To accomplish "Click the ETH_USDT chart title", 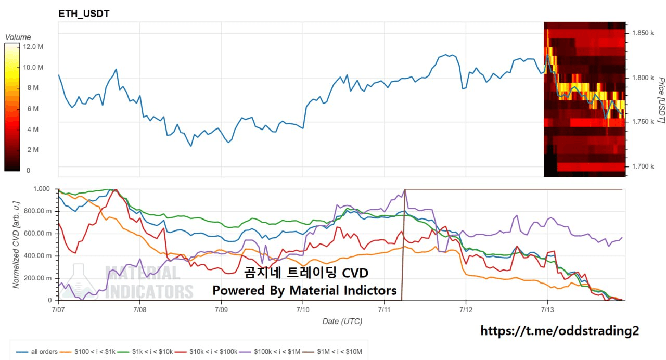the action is click(x=84, y=14).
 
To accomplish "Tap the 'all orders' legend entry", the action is click(x=37, y=351).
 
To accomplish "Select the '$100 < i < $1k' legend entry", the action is click(x=87, y=351).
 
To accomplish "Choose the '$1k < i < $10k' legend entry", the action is click(x=145, y=351).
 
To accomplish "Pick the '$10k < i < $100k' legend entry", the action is click(x=206, y=351).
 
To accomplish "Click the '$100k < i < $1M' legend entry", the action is click(x=270, y=351).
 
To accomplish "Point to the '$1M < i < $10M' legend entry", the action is click(x=332, y=351).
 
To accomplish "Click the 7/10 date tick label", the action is click(x=303, y=310).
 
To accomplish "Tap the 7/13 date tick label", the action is click(x=547, y=310).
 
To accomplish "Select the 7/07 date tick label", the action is click(x=58, y=310).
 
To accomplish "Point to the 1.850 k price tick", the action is click(x=643, y=33).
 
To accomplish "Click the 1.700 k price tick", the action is click(x=643, y=166).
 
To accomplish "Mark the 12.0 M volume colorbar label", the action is click(x=33, y=47).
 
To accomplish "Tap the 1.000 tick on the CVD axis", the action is click(x=42, y=189).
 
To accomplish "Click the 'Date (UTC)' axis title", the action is click(x=342, y=322).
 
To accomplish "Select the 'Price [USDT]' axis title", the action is click(x=661, y=100).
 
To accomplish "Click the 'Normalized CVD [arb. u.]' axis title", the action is click(x=16, y=245).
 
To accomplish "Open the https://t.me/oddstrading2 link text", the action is click(x=559, y=331).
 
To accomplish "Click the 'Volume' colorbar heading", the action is click(x=18, y=37).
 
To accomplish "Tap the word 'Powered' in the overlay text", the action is click(x=238, y=290).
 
